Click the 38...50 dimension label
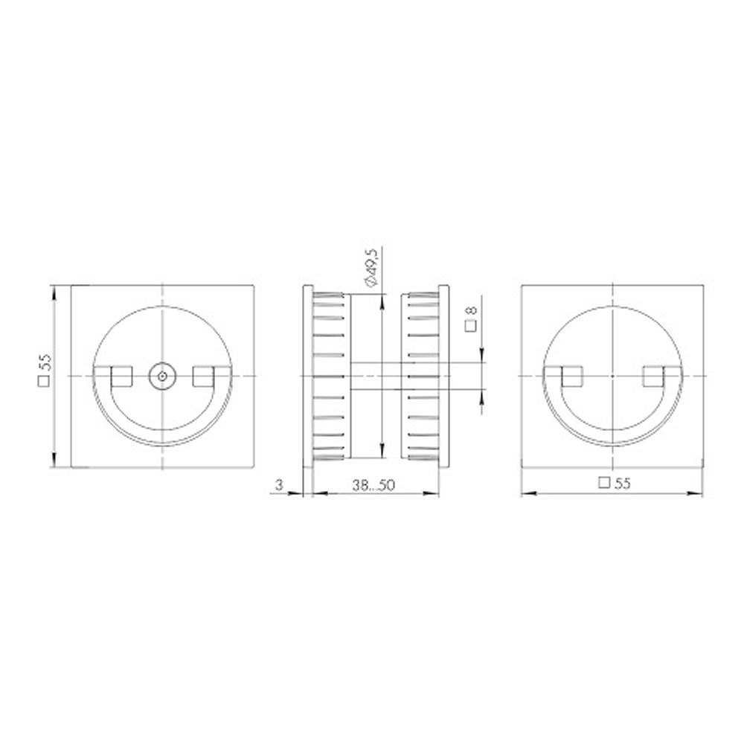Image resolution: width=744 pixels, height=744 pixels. click(375, 485)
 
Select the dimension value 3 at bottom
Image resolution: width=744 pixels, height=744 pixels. click(279, 485)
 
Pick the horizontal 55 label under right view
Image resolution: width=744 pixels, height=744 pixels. click(615, 482)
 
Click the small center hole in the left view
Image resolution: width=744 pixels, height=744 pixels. click(161, 376)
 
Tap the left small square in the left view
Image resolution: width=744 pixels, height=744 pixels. click(121, 376)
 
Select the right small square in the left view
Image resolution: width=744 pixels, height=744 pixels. click(202, 376)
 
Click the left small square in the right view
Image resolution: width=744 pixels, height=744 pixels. click(571, 376)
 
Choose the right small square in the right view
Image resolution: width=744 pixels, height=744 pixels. click(653, 376)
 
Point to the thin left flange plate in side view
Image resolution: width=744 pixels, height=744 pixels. click(306, 376)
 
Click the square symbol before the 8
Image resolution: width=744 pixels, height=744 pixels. click(471, 325)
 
